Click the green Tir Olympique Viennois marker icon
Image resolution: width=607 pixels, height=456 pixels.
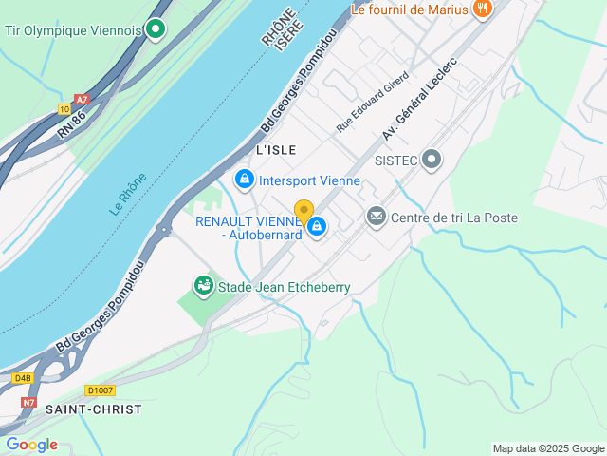(x=156, y=30)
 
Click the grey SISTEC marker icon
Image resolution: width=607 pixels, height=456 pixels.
(x=432, y=160)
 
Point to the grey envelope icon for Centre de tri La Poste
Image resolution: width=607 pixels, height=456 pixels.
(x=377, y=218)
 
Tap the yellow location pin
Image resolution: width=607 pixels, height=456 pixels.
(x=303, y=212)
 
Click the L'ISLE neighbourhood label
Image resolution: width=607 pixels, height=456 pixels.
(x=276, y=150)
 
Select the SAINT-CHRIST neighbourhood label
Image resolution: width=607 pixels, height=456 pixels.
(x=93, y=409)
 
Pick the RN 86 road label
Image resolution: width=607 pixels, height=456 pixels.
(x=71, y=123)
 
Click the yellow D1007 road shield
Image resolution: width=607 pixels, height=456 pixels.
(x=99, y=390)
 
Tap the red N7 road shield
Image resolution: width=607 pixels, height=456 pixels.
(x=29, y=402)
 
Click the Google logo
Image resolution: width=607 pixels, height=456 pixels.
(x=31, y=445)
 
